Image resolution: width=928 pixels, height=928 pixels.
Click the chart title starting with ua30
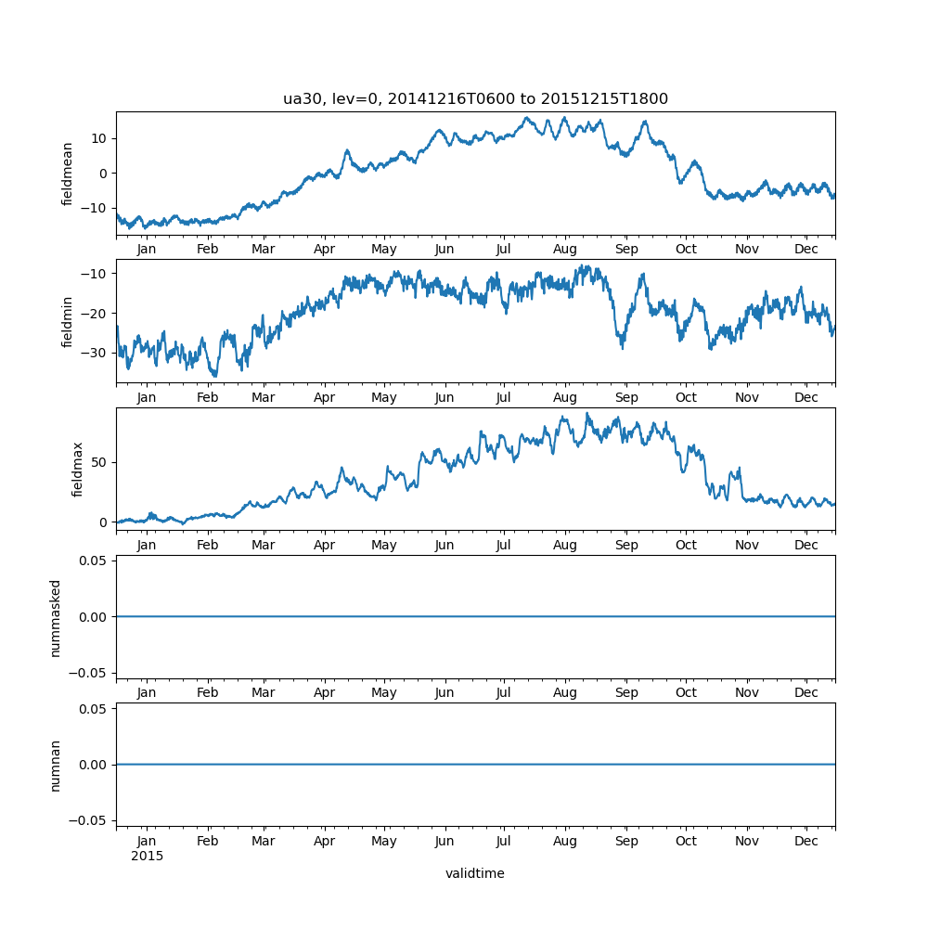pos(475,99)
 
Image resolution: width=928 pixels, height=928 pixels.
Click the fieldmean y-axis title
pos(68,174)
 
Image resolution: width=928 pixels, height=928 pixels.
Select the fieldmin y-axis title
pos(68,321)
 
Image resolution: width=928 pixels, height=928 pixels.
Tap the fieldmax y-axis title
pos(78,469)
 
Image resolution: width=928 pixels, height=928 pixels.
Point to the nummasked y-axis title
pos(56,617)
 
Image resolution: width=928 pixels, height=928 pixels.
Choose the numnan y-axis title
pos(56,765)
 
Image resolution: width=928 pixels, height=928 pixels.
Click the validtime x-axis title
pos(474,873)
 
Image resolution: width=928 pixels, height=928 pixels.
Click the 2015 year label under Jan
pos(147,856)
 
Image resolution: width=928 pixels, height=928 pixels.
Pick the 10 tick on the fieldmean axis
pos(98,138)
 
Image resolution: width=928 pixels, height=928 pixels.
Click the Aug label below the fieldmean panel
pos(564,250)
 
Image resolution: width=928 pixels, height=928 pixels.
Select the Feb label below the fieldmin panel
pos(208,397)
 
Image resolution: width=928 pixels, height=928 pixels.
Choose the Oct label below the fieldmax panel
pos(686,545)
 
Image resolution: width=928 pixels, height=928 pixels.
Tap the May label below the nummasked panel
pos(383,692)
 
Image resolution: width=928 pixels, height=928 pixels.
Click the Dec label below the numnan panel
pos(806,841)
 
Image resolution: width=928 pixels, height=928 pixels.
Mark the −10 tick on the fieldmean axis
pos(95,208)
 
